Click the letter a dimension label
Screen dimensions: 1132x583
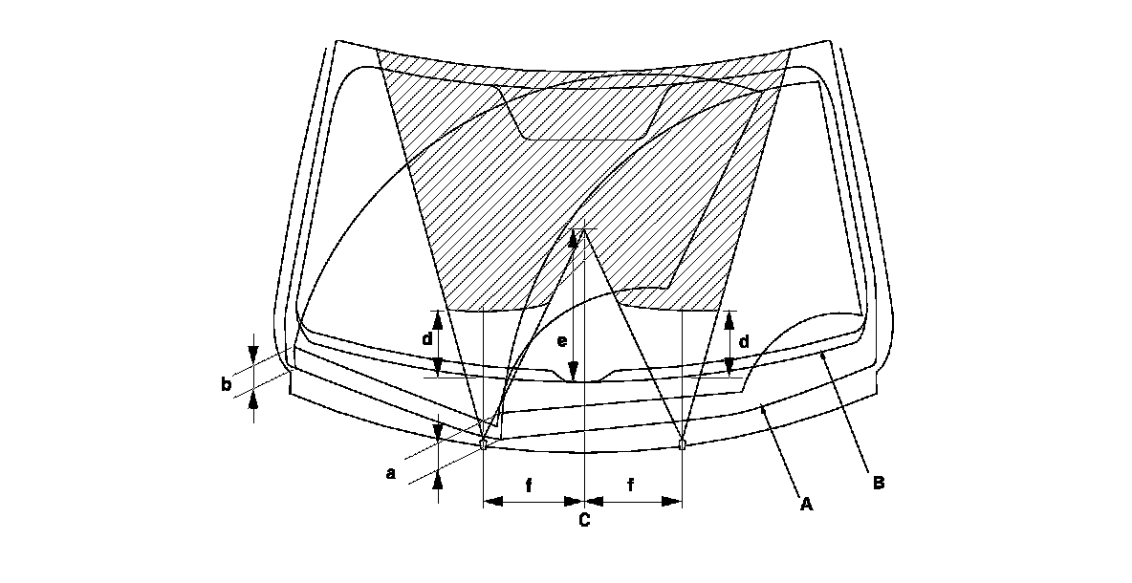click(x=389, y=471)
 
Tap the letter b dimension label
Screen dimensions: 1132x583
click(x=226, y=385)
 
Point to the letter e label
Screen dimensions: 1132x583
click(x=562, y=340)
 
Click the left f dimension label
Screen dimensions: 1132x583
click(x=529, y=485)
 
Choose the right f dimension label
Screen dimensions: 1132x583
click(x=632, y=485)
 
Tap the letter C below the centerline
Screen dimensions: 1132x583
click(x=583, y=521)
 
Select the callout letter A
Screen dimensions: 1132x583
click(x=806, y=503)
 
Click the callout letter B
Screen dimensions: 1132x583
click(x=878, y=483)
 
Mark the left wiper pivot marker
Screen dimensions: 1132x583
click(x=484, y=443)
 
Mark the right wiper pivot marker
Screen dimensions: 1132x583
click(x=682, y=443)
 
